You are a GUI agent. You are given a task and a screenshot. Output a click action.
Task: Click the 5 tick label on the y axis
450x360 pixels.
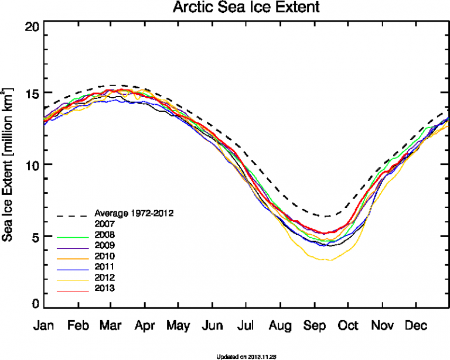(35, 236)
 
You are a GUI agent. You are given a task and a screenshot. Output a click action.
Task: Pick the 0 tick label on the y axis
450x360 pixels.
(35, 304)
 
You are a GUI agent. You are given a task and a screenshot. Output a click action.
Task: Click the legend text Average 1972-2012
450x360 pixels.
(134, 212)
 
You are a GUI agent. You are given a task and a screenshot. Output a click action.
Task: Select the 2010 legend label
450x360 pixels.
(104, 256)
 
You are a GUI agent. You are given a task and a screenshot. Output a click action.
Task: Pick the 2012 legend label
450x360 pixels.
(104, 277)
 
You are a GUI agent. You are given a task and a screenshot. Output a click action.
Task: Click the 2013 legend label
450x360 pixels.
(104, 288)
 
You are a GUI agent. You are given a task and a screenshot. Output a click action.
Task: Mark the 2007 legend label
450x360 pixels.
(104, 224)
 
